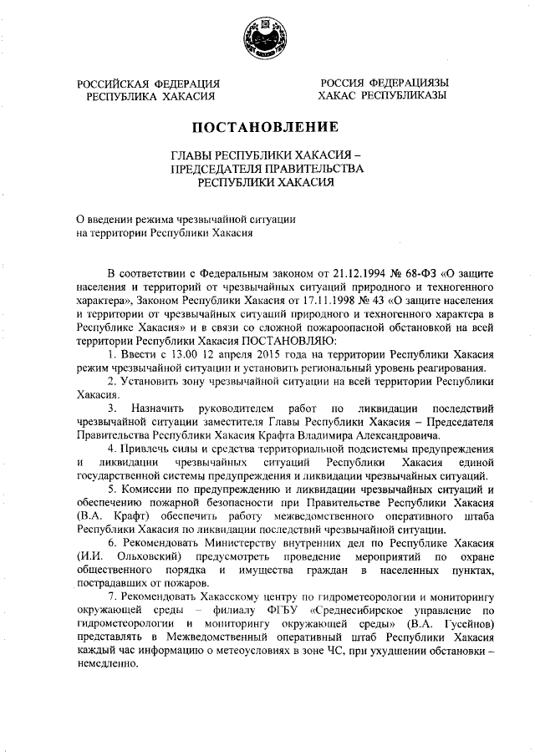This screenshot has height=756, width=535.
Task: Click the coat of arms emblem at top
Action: tap(266, 38)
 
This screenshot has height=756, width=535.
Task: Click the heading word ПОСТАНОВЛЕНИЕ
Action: tap(267, 127)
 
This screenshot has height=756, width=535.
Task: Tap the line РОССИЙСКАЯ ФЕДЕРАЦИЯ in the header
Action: tap(149, 84)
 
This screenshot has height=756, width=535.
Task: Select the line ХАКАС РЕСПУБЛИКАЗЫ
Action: tap(381, 96)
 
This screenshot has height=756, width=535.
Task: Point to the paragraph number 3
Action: tap(112, 408)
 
